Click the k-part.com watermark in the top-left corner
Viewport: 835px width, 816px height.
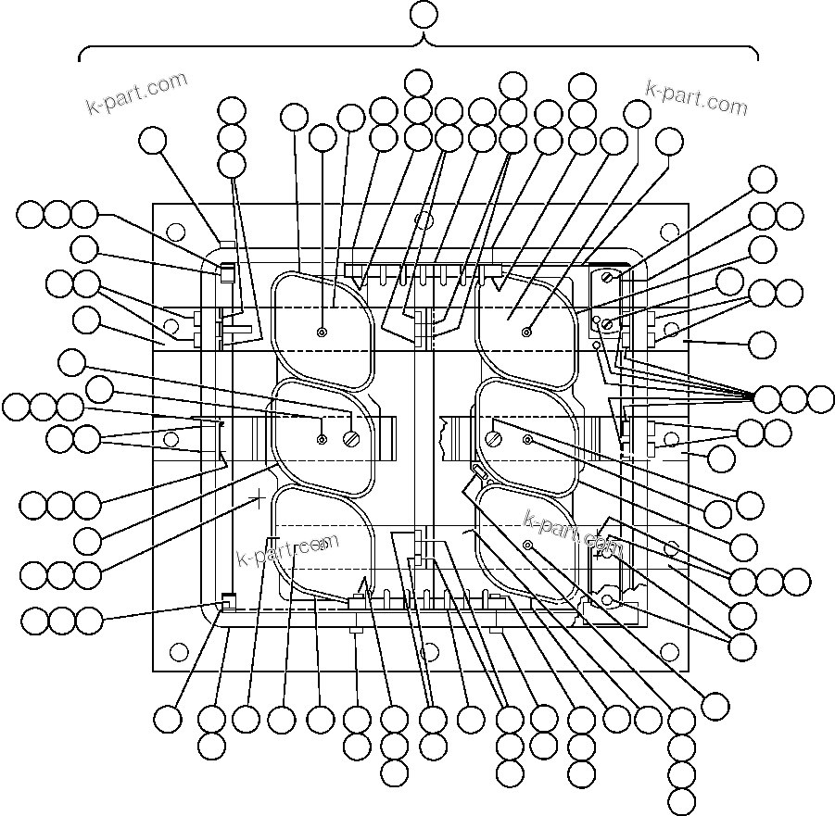pos(136,94)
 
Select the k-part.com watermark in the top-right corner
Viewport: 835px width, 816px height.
pos(696,96)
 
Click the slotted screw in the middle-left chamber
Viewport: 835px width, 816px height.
pos(351,439)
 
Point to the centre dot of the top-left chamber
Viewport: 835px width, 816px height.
pos(322,333)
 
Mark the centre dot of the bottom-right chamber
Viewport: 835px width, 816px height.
pos(526,546)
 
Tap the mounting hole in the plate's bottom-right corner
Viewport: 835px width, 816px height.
pos(670,652)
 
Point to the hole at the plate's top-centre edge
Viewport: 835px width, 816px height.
pos(424,220)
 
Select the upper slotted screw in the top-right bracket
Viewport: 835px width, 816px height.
pos(607,276)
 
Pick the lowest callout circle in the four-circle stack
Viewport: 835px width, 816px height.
pos(682,802)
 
